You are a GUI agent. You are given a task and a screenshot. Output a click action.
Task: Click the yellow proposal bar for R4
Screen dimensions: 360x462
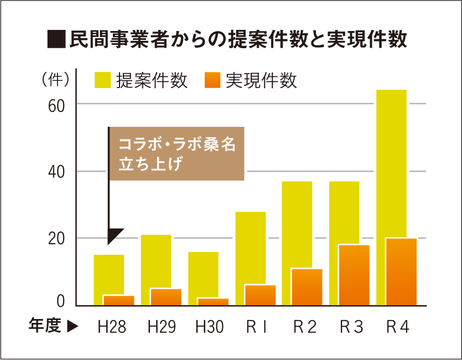click(x=391, y=161)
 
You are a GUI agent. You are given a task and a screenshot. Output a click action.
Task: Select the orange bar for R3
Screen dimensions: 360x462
click(x=354, y=275)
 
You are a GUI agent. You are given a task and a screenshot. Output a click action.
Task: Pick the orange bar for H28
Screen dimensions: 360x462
click(x=118, y=300)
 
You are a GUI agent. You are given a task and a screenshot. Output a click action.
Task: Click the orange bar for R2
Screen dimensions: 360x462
click(x=307, y=287)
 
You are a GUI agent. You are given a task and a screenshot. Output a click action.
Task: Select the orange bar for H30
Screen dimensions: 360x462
click(x=212, y=302)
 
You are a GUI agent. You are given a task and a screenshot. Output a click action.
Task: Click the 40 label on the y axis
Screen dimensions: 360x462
click(x=57, y=172)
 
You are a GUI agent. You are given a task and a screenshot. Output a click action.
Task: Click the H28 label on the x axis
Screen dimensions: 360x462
click(x=112, y=327)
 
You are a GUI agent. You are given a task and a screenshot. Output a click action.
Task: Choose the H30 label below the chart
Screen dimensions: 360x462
click(x=209, y=327)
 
